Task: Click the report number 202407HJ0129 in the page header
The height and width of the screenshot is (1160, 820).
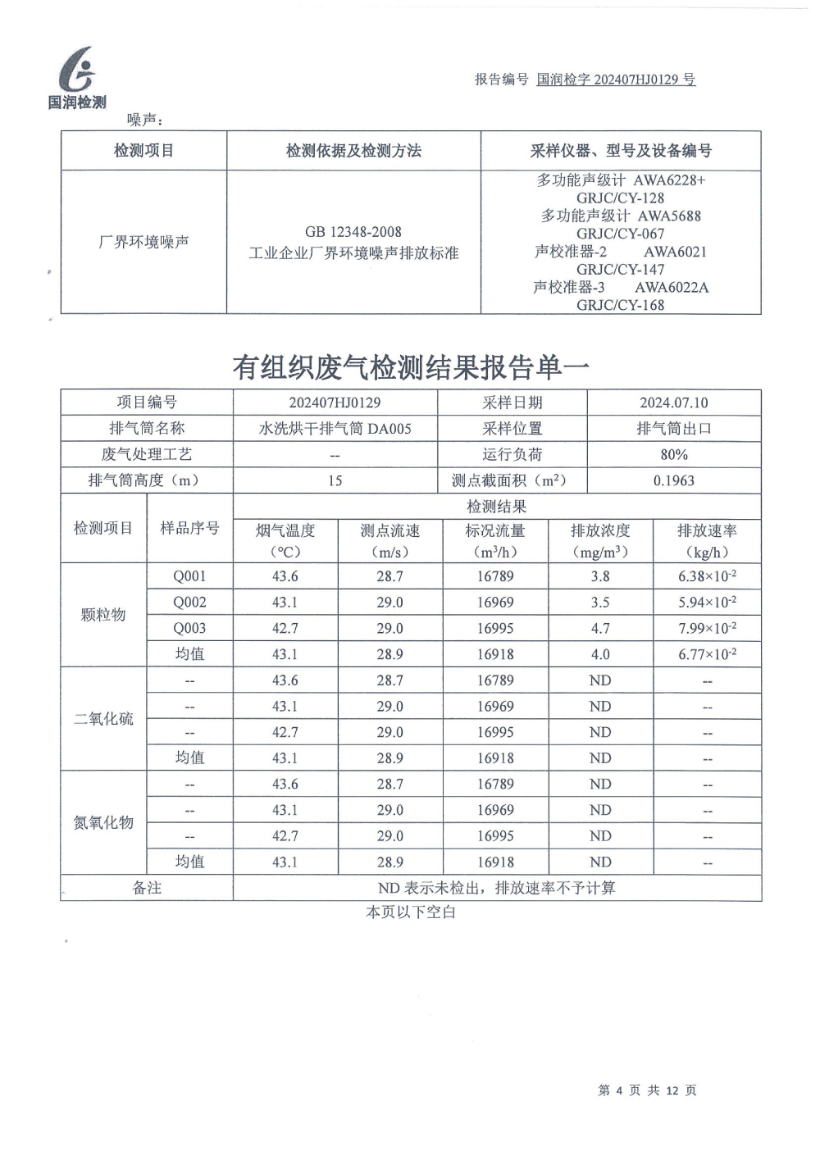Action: click(x=616, y=80)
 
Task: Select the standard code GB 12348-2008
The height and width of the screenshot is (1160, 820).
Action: click(x=353, y=232)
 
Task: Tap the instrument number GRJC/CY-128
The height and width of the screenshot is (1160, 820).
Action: click(x=620, y=198)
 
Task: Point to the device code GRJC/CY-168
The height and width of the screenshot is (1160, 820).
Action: click(x=620, y=305)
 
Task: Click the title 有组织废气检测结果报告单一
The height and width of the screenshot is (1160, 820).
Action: click(x=410, y=367)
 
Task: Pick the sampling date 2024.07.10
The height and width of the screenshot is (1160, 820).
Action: click(x=673, y=403)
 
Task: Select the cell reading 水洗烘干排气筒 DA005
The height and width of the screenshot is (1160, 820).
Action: click(x=335, y=428)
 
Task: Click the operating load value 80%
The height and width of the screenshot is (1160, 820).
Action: click(x=673, y=454)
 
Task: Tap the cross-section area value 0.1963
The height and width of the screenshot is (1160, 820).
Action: click(x=673, y=480)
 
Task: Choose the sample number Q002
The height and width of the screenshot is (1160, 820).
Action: click(x=189, y=602)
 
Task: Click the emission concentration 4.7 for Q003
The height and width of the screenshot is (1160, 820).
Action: click(x=600, y=628)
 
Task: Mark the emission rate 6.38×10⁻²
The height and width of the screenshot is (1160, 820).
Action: click(x=707, y=576)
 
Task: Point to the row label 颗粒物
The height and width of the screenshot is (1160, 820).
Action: click(x=103, y=615)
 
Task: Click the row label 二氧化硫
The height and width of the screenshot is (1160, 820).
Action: click(x=103, y=719)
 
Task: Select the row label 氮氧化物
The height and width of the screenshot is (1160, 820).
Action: click(x=103, y=822)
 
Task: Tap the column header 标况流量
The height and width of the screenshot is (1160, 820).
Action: click(x=495, y=531)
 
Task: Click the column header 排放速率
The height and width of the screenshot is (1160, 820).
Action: click(x=707, y=531)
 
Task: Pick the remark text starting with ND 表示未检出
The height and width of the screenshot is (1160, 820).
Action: click(x=496, y=888)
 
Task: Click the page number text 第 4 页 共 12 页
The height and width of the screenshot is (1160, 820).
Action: click(x=647, y=1090)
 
